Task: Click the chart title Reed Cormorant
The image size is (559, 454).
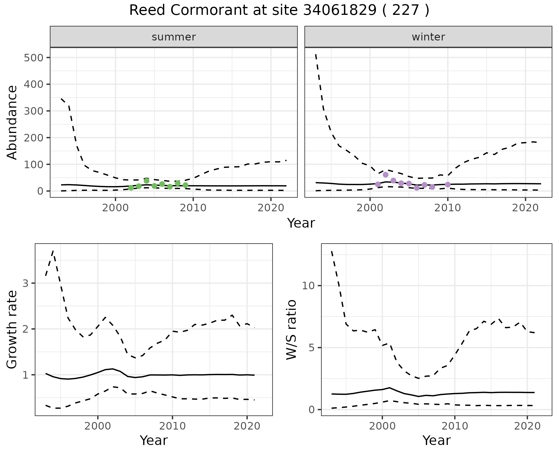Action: click(279, 10)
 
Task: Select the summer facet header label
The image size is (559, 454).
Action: click(174, 37)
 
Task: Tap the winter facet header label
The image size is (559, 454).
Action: click(428, 37)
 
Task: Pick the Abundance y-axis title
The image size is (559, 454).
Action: click(12, 122)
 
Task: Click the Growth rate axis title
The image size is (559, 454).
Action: click(12, 329)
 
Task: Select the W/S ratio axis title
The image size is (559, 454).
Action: click(291, 329)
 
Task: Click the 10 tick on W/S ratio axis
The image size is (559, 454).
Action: click(309, 286)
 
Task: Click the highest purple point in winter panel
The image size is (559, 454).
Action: click(385, 175)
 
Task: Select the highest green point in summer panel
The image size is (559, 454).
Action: click(146, 181)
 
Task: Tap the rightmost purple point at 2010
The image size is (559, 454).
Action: click(448, 185)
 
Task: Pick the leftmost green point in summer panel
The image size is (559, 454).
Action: click(131, 188)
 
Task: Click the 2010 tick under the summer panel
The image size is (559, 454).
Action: click(193, 208)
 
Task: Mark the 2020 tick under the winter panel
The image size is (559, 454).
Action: click(525, 208)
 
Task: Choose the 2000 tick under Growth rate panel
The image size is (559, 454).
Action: click(98, 426)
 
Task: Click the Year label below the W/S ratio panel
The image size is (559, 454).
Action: click(436, 440)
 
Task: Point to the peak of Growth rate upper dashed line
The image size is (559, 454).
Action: click(53, 251)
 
